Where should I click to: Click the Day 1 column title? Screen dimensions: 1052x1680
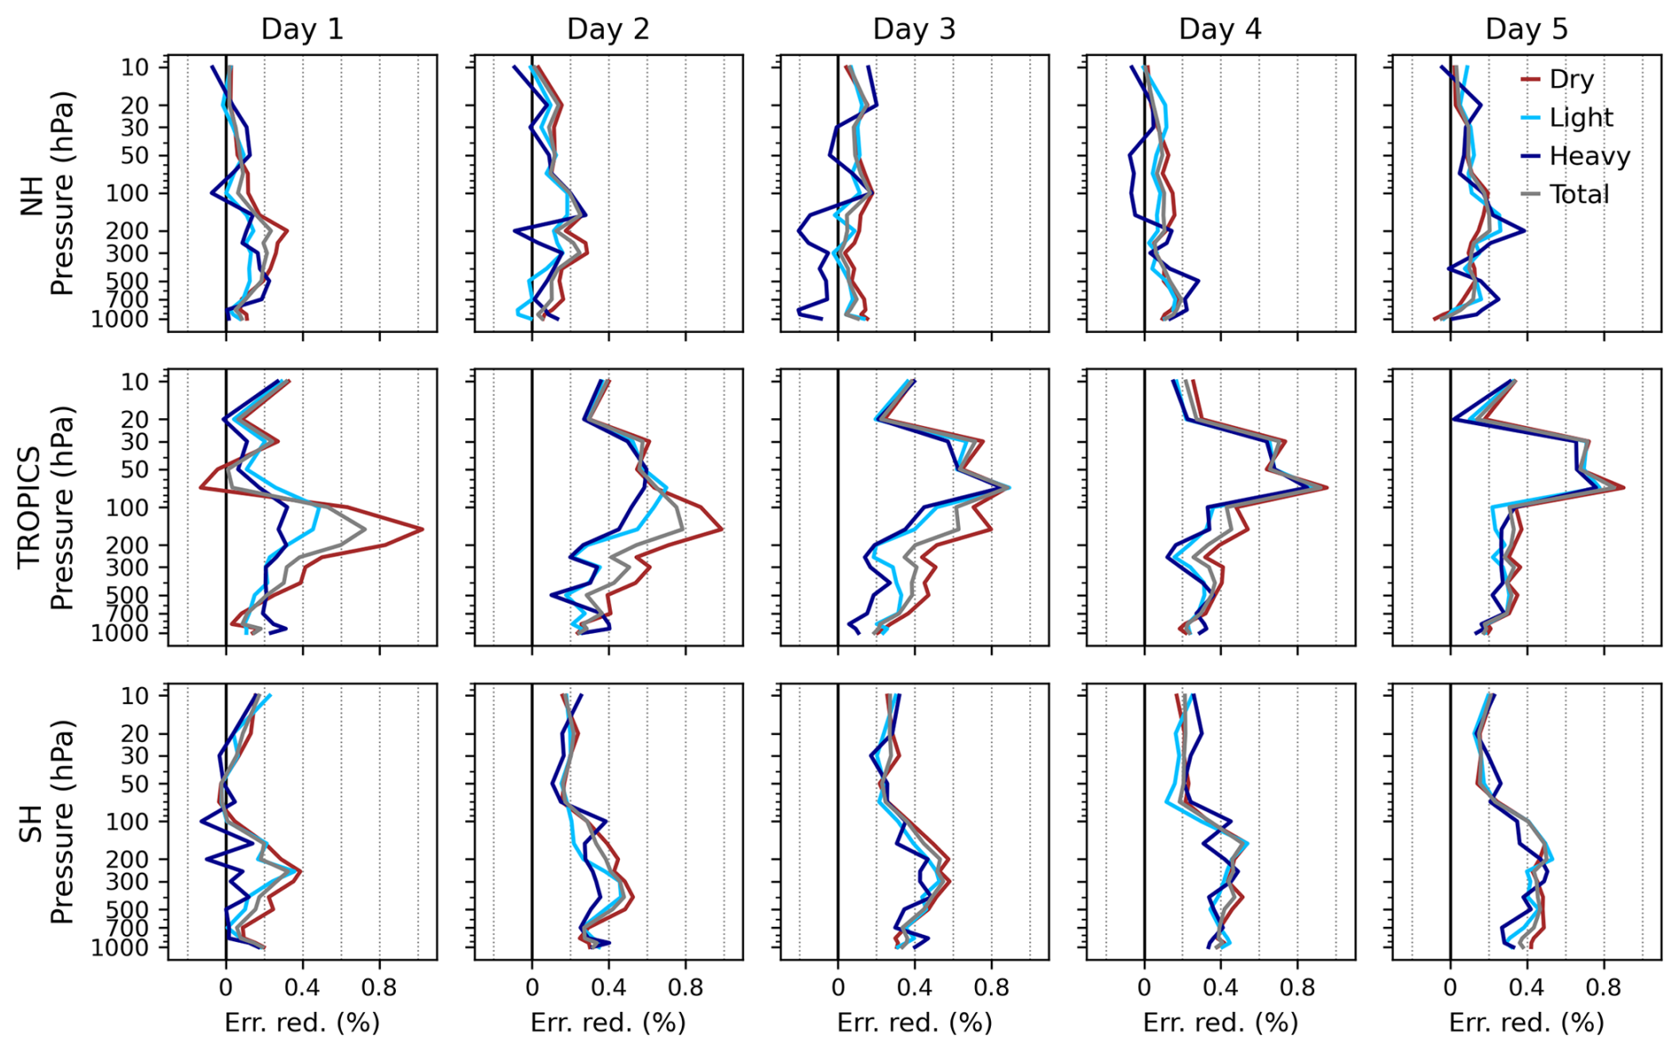pyautogui.click(x=302, y=29)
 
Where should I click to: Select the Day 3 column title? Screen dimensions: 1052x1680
pyautogui.click(x=914, y=29)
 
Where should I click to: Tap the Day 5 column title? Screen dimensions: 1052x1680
pyautogui.click(x=1526, y=29)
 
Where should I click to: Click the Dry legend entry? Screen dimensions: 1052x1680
pyautogui.click(x=1571, y=79)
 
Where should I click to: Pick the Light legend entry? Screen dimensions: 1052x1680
pyautogui.click(x=1581, y=117)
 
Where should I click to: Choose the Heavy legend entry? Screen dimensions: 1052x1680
pyautogui.click(x=1589, y=156)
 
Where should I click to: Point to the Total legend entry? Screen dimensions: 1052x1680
pyautogui.click(x=1579, y=194)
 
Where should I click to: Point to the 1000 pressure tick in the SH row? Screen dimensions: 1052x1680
pyautogui.click(x=120, y=947)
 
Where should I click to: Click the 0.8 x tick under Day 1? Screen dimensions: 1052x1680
pyautogui.click(x=379, y=986)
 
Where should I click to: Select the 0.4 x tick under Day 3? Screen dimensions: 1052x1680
pyautogui.click(x=914, y=986)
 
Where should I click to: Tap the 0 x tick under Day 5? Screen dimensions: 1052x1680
pyautogui.click(x=1450, y=986)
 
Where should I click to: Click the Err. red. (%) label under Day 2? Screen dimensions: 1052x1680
pyautogui.click(x=608, y=1023)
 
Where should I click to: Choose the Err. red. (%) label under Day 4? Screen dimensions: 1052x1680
pyautogui.click(x=1220, y=1023)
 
